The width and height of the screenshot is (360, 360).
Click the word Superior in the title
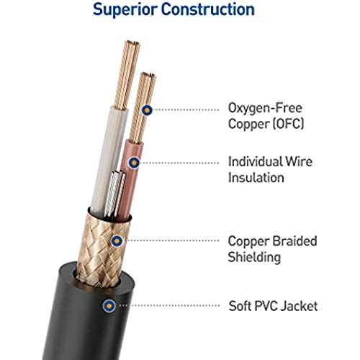[125, 10]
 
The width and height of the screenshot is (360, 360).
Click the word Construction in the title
[208, 9]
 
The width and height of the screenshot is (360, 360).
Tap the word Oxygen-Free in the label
[265, 109]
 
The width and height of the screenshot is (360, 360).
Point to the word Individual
[255, 161]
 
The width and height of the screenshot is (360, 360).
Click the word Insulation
[256, 178]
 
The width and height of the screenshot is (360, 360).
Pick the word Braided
[294, 241]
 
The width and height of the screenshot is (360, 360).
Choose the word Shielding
[254, 257]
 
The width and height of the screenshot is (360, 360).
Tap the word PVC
[266, 306]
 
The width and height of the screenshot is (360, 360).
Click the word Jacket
[300, 306]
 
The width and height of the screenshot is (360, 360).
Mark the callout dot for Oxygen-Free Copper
[147, 110]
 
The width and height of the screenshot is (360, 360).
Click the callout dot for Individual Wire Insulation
[134, 163]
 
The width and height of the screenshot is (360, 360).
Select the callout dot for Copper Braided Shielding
[117, 240]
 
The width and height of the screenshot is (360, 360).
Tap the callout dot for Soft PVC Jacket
[109, 306]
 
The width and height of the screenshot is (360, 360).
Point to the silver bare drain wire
[114, 193]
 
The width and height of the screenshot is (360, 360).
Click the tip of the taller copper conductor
[132, 42]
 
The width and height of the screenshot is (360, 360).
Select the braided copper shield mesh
[103, 250]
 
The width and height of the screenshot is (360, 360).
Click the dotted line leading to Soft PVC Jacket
[169, 305]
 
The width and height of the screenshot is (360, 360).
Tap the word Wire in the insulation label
[299, 161]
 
